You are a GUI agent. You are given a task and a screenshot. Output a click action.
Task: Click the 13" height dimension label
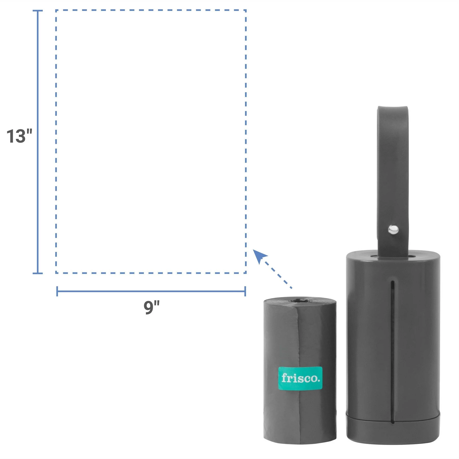pyautogui.click(x=19, y=136)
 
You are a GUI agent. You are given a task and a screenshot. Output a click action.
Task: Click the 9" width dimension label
pyautogui.click(x=151, y=307)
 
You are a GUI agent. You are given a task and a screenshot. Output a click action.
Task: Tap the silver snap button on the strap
pyautogui.click(x=393, y=229)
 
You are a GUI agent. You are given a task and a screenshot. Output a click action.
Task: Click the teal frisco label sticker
pyautogui.click(x=300, y=378)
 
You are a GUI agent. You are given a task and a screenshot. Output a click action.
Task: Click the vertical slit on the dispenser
pyautogui.click(x=393, y=352)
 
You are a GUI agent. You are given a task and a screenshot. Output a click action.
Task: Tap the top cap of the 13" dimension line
pyautogui.click(x=38, y=11)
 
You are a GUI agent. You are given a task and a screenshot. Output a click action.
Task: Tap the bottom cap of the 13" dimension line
pyautogui.click(x=38, y=273)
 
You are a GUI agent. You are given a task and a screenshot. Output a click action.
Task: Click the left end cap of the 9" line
pyautogui.click(x=57, y=291)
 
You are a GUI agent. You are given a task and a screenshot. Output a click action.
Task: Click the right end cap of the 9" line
pyautogui.click(x=245, y=291)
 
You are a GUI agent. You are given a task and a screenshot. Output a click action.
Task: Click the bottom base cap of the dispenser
pyautogui.click(x=393, y=431)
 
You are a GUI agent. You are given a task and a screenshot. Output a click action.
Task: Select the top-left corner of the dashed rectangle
pyautogui.click(x=56, y=10)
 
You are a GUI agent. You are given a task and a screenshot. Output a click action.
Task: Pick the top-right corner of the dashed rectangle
pyautogui.click(x=246, y=10)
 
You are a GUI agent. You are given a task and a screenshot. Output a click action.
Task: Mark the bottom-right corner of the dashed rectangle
pyautogui.click(x=246, y=273)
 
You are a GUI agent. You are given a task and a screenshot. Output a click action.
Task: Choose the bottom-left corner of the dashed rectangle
pyautogui.click(x=56, y=273)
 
